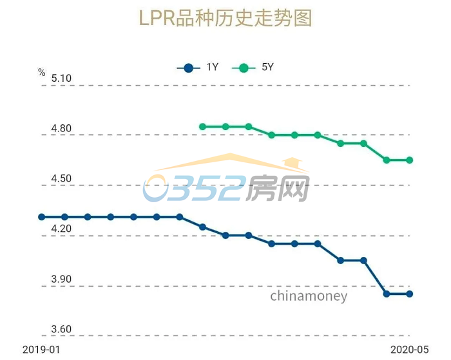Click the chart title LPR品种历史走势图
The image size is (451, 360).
point(225,18)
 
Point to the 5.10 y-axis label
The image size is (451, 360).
point(61,79)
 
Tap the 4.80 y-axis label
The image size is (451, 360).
point(61,129)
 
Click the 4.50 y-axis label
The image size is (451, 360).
point(61,179)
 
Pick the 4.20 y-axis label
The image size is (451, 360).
point(61,229)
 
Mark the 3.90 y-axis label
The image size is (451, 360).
point(61,279)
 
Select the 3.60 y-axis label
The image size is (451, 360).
point(61,330)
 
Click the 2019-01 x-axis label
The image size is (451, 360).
point(41,350)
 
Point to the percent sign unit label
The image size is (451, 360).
point(42,73)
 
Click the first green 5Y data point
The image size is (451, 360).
point(202,127)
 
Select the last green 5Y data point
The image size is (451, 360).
point(409,160)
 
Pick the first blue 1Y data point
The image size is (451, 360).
point(42,217)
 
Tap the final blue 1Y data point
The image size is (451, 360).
point(409,294)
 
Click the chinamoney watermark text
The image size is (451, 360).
point(309,296)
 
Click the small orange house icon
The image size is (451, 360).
point(293,162)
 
